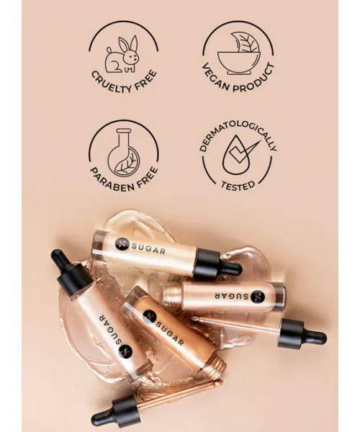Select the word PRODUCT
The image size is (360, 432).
(255, 79)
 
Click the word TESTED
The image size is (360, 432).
(238, 186)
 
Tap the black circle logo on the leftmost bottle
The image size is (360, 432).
(125, 352)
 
